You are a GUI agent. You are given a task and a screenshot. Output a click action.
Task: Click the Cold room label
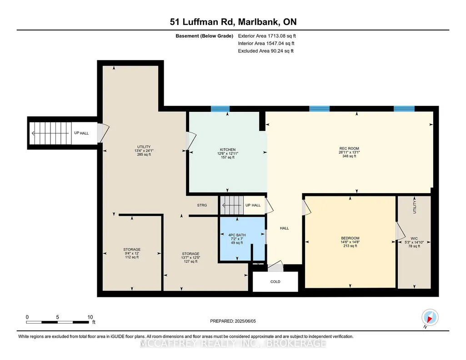[275, 281]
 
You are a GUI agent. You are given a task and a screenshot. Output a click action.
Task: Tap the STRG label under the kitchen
[202, 205]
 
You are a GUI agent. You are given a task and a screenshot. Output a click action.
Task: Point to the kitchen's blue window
[220, 109]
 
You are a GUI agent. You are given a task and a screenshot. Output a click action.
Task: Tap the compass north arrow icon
[430, 318]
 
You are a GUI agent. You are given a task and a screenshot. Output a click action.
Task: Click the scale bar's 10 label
[90, 317]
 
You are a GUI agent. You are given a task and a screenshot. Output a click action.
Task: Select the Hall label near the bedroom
[285, 228]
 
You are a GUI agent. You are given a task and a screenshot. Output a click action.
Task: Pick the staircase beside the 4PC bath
[232, 205]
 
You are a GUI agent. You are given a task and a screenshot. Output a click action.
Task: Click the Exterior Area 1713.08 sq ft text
[267, 36]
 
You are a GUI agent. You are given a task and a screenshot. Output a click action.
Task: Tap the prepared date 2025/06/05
[245, 321]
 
